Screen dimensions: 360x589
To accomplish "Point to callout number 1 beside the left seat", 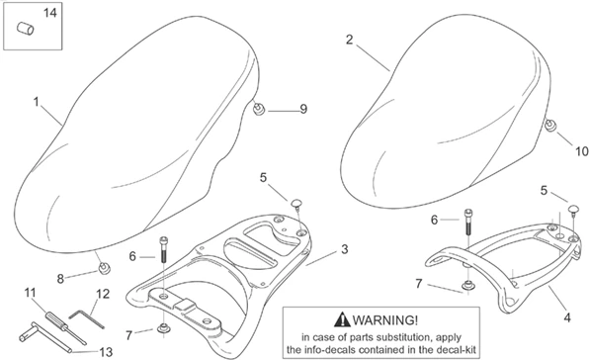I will (x=36, y=102).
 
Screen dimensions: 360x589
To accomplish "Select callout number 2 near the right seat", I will (x=349, y=41).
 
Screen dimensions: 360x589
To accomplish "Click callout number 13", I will (x=107, y=350).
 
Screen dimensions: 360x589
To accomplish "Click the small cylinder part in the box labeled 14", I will (x=27, y=33).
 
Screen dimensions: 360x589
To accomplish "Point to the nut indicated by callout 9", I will (x=259, y=108).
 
